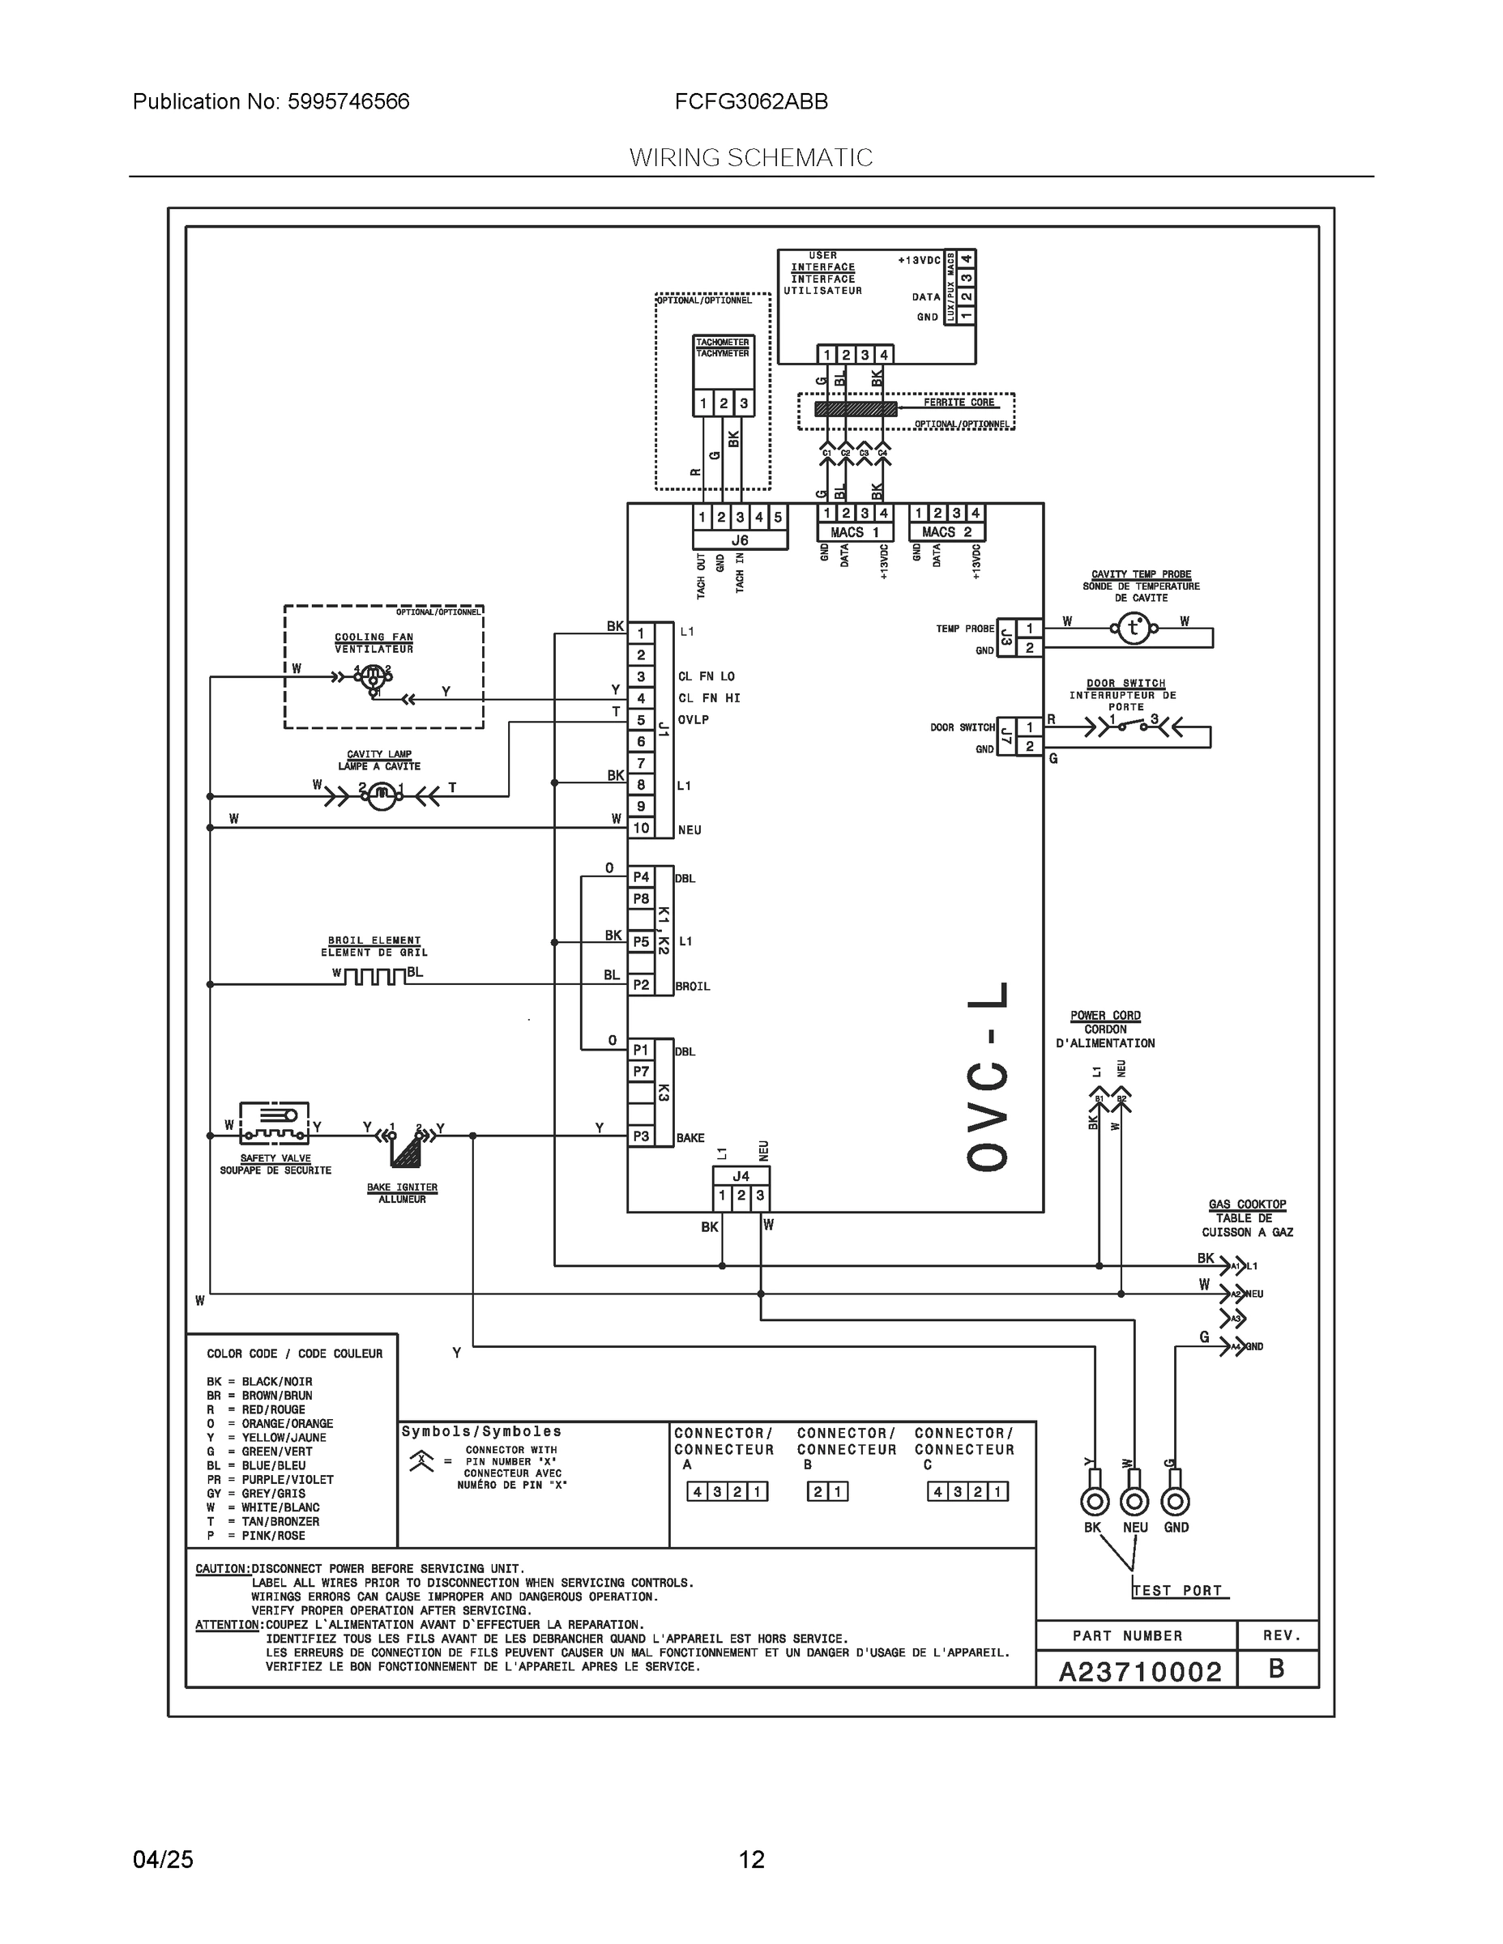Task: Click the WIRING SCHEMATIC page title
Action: (x=750, y=158)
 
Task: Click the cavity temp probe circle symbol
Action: (x=1134, y=629)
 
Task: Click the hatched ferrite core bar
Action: (x=856, y=408)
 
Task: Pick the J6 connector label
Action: (x=739, y=540)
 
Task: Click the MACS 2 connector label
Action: (x=946, y=532)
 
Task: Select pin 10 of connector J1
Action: (x=641, y=828)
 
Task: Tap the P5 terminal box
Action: (x=641, y=941)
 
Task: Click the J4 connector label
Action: (x=741, y=1176)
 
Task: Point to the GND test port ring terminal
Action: (x=1176, y=1502)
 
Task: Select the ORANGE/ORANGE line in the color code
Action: (x=270, y=1423)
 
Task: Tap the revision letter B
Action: (x=1276, y=1669)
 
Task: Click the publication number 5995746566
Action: (x=348, y=101)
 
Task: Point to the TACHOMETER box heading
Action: (x=722, y=343)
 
